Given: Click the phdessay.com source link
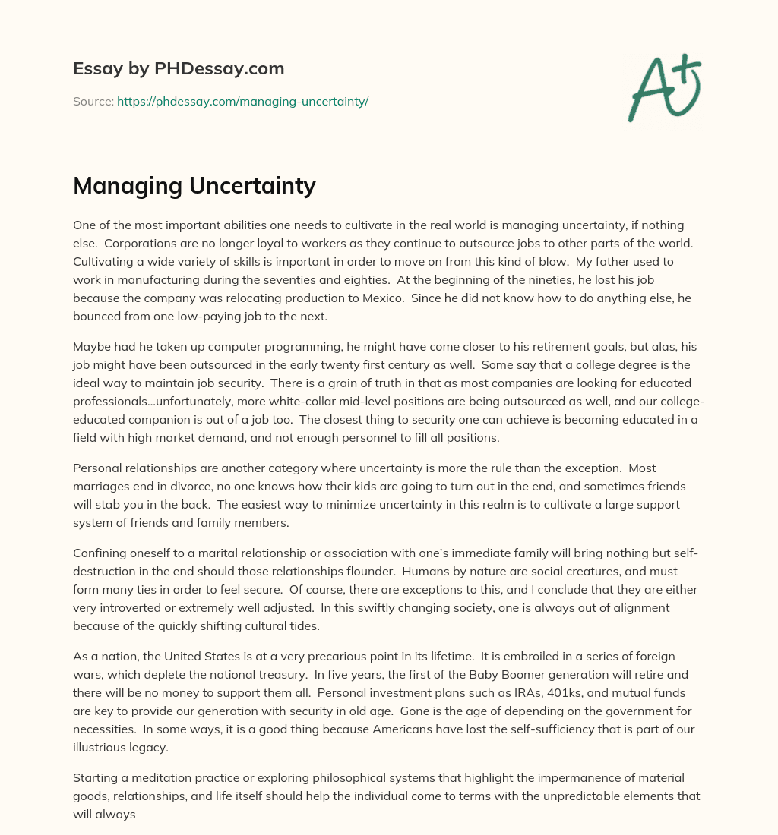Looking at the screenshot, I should click(x=242, y=101).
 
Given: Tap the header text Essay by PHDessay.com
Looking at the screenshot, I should click(x=179, y=69).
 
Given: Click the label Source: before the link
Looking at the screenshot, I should click(x=93, y=101).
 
